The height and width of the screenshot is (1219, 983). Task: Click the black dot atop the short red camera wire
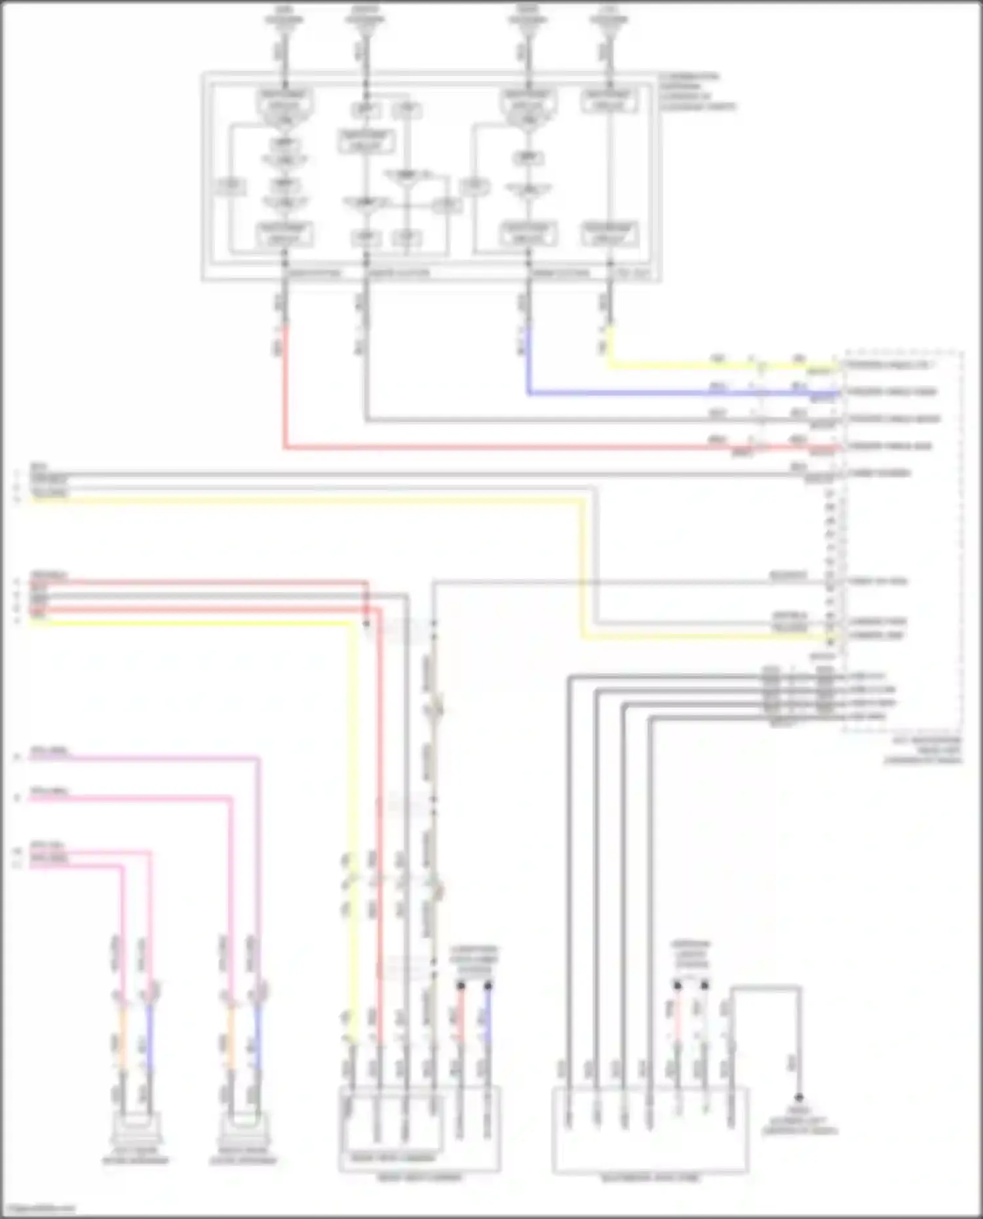click(461, 985)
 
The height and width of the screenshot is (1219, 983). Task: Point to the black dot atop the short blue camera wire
click(488, 985)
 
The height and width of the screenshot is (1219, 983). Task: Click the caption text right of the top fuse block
click(697, 91)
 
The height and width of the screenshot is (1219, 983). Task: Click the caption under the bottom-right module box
click(651, 1178)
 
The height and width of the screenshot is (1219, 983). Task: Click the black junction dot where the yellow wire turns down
click(366, 623)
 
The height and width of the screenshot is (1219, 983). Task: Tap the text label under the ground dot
click(800, 1121)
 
